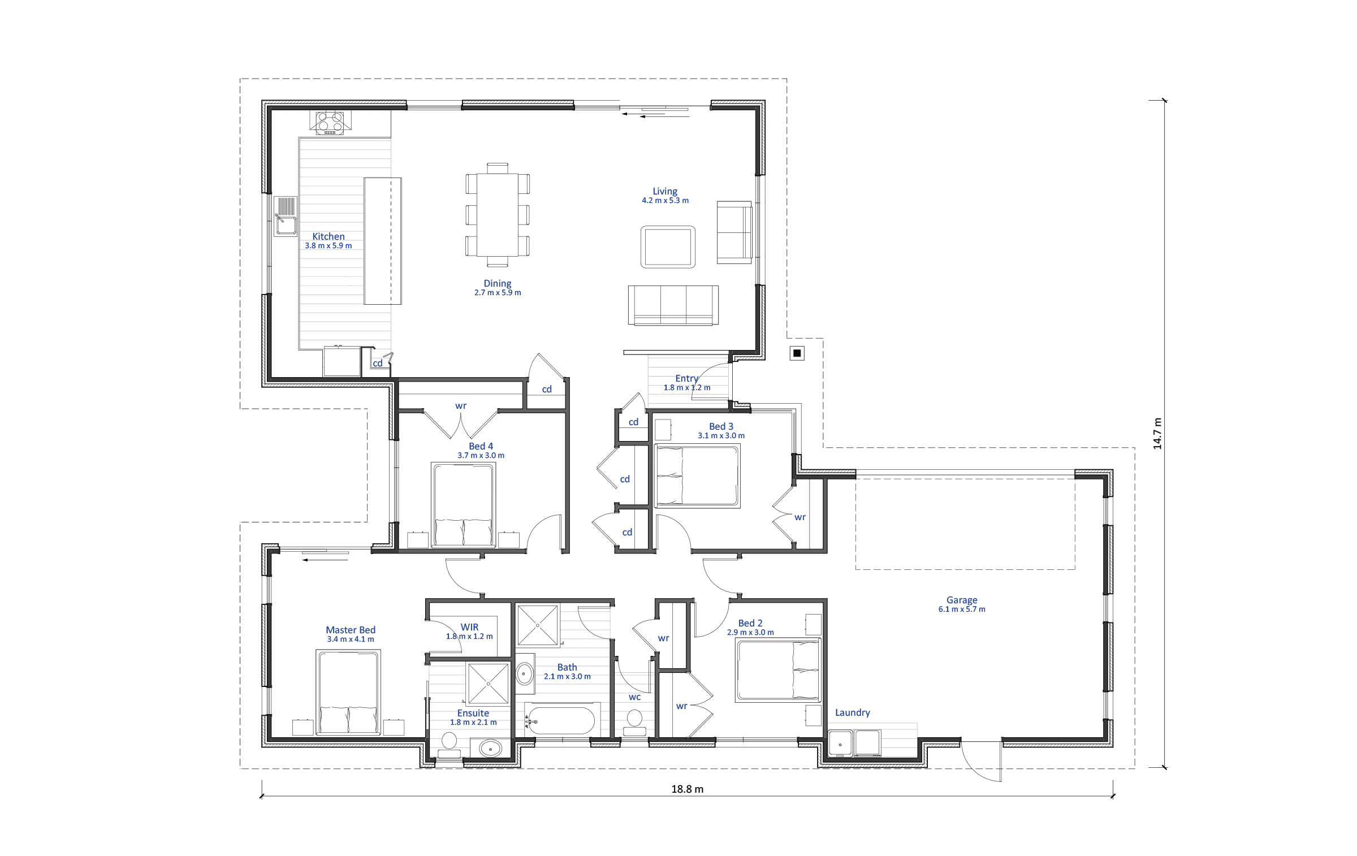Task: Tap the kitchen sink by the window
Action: [x=286, y=216]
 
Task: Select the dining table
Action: [x=498, y=215]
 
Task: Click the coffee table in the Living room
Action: [x=668, y=247]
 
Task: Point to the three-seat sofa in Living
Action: [x=673, y=305]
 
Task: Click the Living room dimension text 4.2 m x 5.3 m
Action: [x=665, y=201]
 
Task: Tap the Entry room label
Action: [x=687, y=378]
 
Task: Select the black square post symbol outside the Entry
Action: [x=797, y=353]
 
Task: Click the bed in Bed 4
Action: [x=464, y=505]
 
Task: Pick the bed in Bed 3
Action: [x=697, y=475]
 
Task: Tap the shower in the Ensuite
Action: [x=488, y=684]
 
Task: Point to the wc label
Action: [x=635, y=697]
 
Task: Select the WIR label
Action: [x=470, y=627]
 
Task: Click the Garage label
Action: [x=962, y=600]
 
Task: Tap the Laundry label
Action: [x=853, y=712]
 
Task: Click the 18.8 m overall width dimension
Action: [x=688, y=789]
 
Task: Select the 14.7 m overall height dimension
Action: [x=1157, y=434]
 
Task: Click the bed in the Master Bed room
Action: [x=348, y=693]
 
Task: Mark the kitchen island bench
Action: [x=383, y=241]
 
